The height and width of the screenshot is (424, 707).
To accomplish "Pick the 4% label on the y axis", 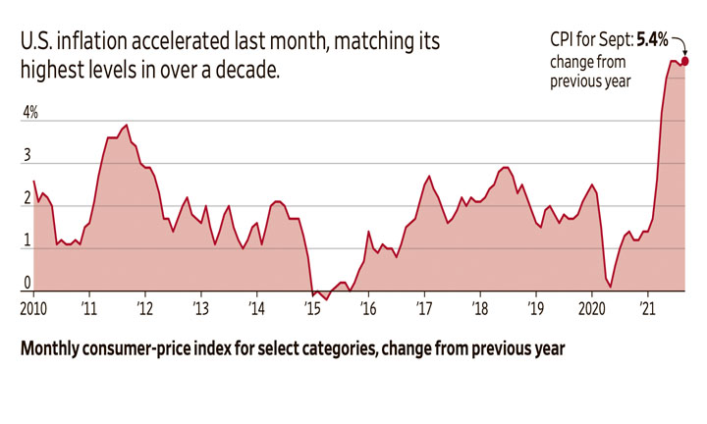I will [x=31, y=114].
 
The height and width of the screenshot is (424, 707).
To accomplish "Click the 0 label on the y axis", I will [x=27, y=285].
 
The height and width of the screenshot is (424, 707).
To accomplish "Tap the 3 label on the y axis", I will [x=27, y=156].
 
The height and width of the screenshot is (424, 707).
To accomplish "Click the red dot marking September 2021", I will [x=683, y=62].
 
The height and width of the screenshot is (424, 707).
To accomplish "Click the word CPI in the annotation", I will [x=564, y=40].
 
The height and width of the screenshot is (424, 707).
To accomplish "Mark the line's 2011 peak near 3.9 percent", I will [x=126, y=126].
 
